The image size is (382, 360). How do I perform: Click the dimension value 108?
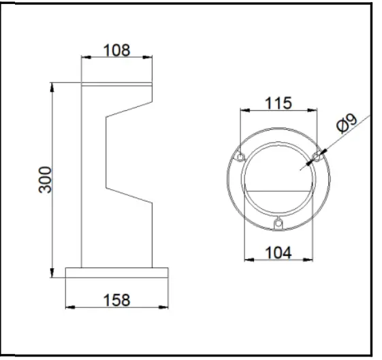pyautogui.click(x=116, y=50)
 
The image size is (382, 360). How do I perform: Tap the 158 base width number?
pyautogui.click(x=116, y=299)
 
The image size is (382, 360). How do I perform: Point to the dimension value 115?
pyautogui.click(x=278, y=103)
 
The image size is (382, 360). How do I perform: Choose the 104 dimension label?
pyautogui.click(x=278, y=252)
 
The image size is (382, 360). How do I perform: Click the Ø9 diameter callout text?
pyautogui.click(x=346, y=124)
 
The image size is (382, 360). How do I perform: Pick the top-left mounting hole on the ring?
pyautogui.click(x=239, y=157)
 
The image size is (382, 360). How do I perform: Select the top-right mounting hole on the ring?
pyautogui.click(x=316, y=157)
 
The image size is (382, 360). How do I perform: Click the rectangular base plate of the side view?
pyautogui.click(x=116, y=273)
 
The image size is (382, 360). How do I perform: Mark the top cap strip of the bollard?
pyautogui.click(x=116, y=84)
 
